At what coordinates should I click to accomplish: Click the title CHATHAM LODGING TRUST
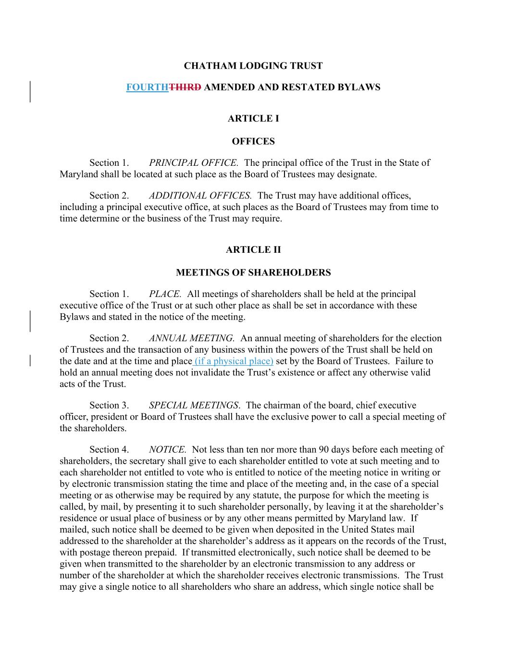(x=253, y=66)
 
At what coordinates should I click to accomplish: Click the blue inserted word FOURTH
(x=147, y=87)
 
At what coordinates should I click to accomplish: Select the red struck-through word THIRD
(x=185, y=87)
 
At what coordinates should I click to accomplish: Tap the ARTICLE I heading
(x=253, y=119)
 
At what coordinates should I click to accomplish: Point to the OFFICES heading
(x=253, y=141)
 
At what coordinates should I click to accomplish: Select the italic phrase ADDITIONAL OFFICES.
(x=200, y=196)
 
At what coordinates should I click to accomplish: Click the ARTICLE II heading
(x=253, y=250)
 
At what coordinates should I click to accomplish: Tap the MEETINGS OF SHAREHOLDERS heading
(x=253, y=273)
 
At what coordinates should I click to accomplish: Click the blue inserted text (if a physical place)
(x=234, y=361)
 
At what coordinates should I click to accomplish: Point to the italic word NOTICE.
(x=167, y=450)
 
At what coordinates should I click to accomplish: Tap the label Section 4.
(x=109, y=450)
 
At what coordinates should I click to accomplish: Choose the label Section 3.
(x=109, y=406)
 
